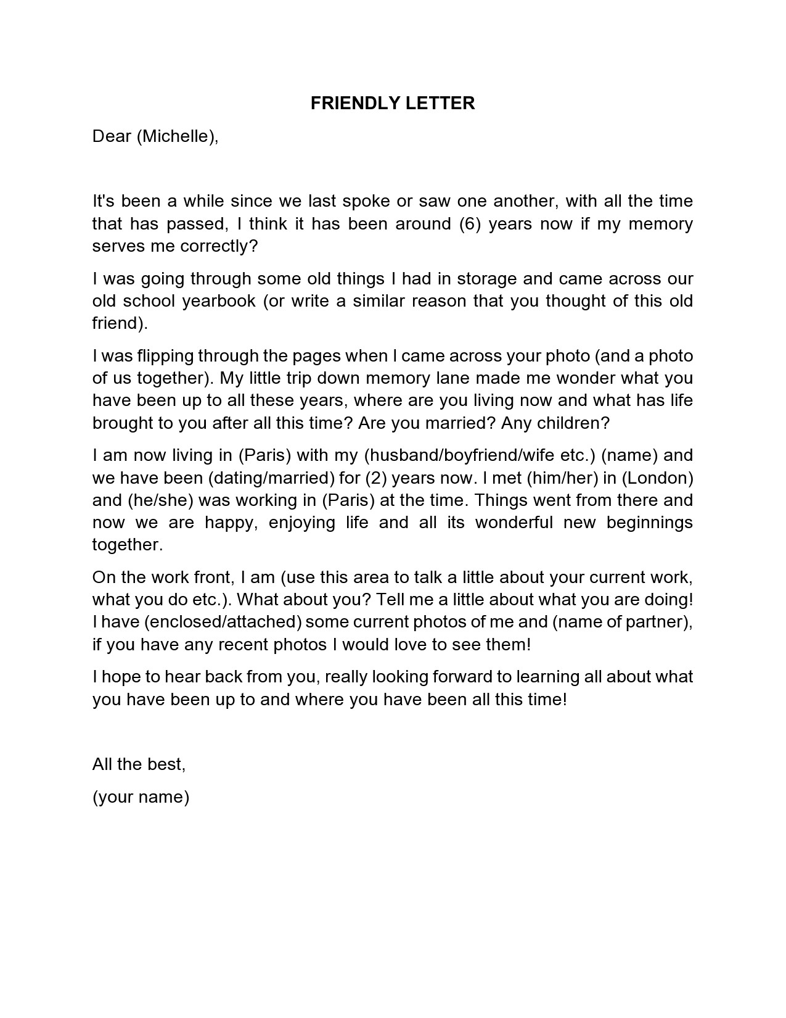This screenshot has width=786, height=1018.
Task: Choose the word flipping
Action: pos(137,356)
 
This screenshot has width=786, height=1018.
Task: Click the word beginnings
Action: pos(650,523)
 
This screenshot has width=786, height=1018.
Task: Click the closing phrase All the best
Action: pos(139,764)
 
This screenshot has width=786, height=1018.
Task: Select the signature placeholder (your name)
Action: pos(141,797)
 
